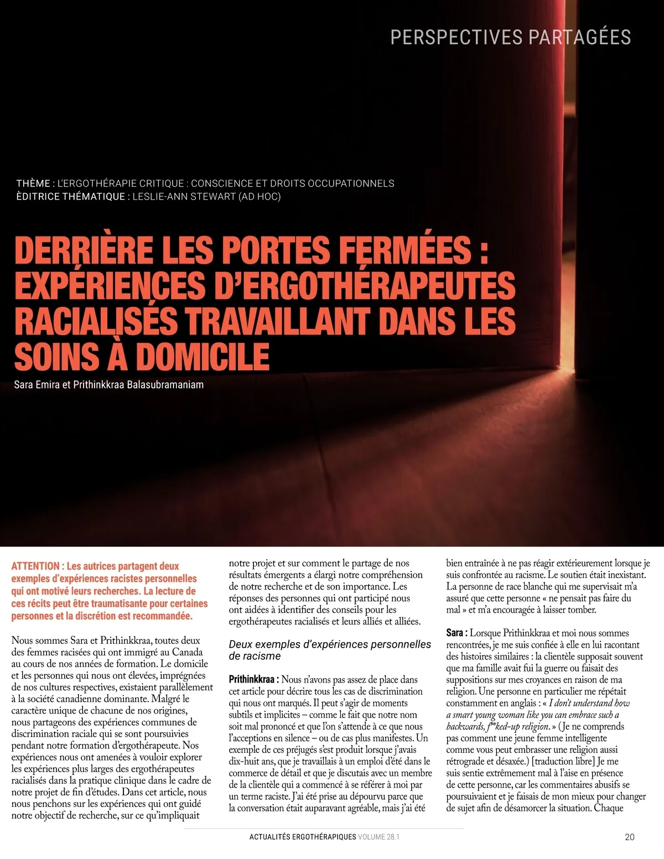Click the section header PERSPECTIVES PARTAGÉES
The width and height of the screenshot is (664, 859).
510,37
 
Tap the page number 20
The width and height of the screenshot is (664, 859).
630,837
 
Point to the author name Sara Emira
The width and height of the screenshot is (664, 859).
35,385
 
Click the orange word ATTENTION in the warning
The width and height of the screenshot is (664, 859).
35,566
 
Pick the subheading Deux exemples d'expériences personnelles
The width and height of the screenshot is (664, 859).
330,644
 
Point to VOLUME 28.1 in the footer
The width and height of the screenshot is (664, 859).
378,837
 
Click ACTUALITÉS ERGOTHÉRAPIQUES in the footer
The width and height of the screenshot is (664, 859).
303,837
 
